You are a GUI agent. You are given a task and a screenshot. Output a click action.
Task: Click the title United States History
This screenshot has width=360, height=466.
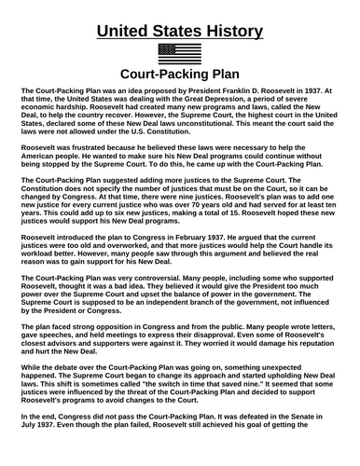[179, 31]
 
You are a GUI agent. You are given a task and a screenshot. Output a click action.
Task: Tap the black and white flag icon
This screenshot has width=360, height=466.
[179, 54]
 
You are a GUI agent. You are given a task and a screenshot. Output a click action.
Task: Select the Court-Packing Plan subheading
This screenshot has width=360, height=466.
[179, 76]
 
